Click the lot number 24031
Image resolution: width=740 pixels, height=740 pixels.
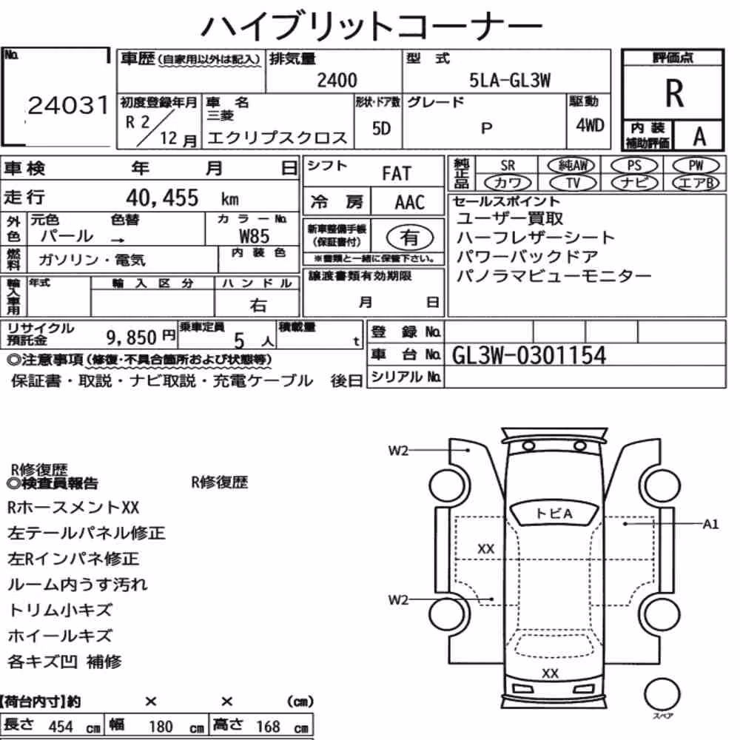(x=68, y=105)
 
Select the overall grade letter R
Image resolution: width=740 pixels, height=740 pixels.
(x=674, y=93)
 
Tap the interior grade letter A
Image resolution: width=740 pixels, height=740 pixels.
(x=699, y=136)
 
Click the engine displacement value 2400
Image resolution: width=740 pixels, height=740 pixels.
(x=337, y=80)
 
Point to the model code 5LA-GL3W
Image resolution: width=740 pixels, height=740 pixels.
(x=510, y=81)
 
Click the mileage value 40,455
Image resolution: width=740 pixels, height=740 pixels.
(x=162, y=198)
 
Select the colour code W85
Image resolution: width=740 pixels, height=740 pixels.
(x=255, y=236)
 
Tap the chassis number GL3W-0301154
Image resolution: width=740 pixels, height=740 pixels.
(x=528, y=355)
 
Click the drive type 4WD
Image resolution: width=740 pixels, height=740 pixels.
(x=590, y=126)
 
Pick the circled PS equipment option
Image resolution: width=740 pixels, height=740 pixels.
(x=634, y=166)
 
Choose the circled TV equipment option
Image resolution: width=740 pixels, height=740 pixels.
(x=573, y=183)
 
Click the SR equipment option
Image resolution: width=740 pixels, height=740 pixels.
(x=508, y=166)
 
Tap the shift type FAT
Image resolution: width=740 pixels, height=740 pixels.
(x=397, y=173)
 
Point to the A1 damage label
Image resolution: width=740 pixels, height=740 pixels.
(x=710, y=525)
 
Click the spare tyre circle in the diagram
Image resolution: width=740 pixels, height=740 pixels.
(x=662, y=694)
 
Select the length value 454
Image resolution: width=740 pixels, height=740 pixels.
(x=61, y=727)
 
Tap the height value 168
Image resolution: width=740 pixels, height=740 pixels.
(x=268, y=727)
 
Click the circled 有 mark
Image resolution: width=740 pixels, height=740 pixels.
(x=410, y=237)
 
